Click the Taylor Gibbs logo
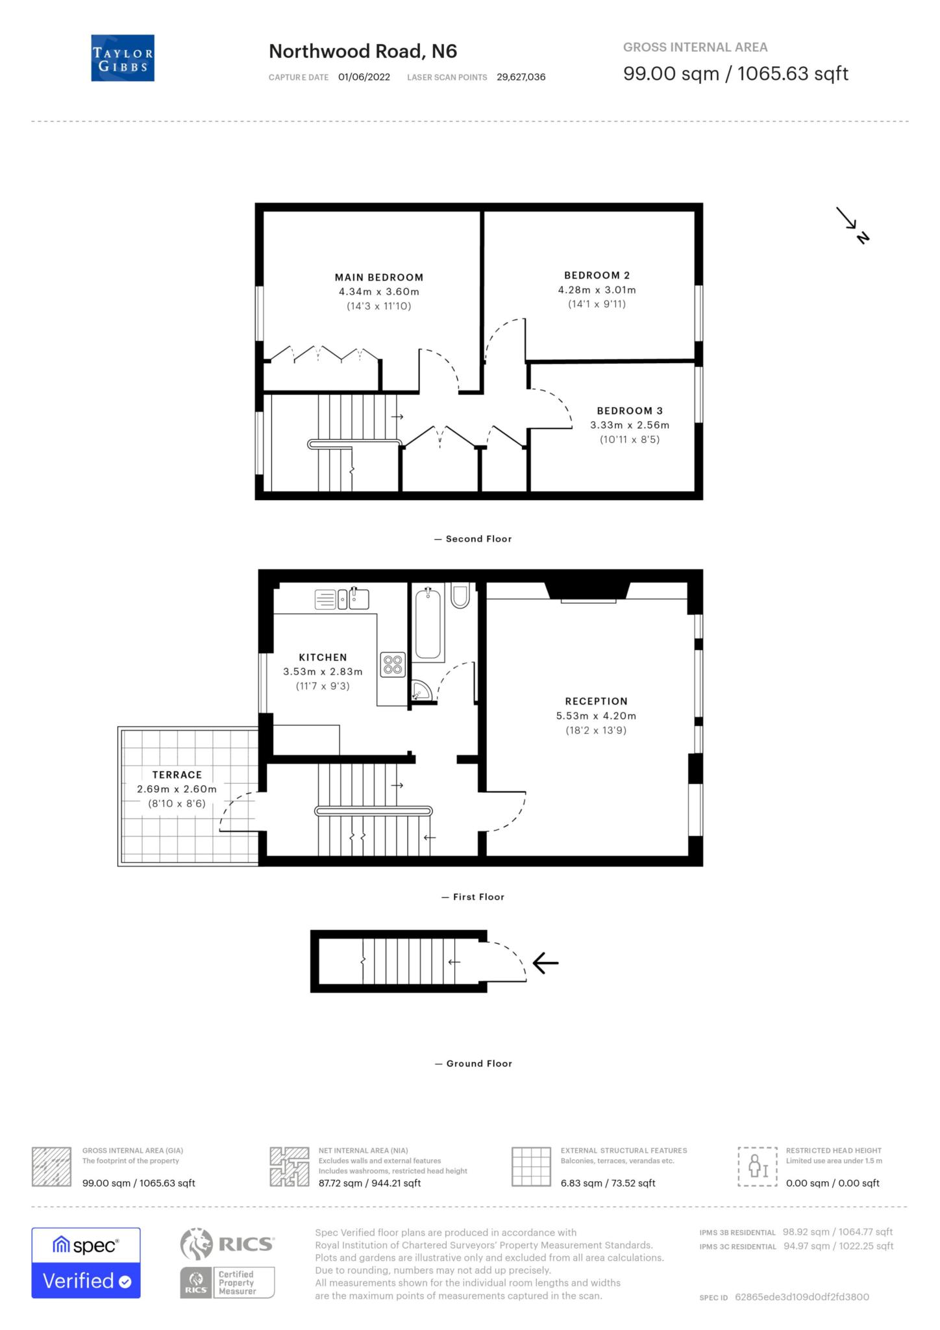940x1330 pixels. pos(123,58)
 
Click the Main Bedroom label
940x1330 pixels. pos(378,277)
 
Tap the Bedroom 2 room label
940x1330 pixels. pos(597,275)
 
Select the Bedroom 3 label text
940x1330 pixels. pos(629,410)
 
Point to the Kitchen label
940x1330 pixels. pos(323,657)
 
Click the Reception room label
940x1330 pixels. pos(596,701)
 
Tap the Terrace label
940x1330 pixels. pos(177,775)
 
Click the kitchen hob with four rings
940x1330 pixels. pos(393,664)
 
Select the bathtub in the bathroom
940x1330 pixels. pos(428,623)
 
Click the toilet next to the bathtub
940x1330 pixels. pos(460,596)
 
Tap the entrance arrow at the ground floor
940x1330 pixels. pos(545,962)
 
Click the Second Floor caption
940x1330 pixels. pos(478,539)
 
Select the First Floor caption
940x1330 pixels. pos(478,897)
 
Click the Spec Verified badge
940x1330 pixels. pos(86,1262)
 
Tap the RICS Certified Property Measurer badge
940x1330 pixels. pos(228,1282)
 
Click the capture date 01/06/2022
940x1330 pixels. pos(364,77)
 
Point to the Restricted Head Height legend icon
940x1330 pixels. pos(757,1167)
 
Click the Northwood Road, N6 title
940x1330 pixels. pos(363,51)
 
